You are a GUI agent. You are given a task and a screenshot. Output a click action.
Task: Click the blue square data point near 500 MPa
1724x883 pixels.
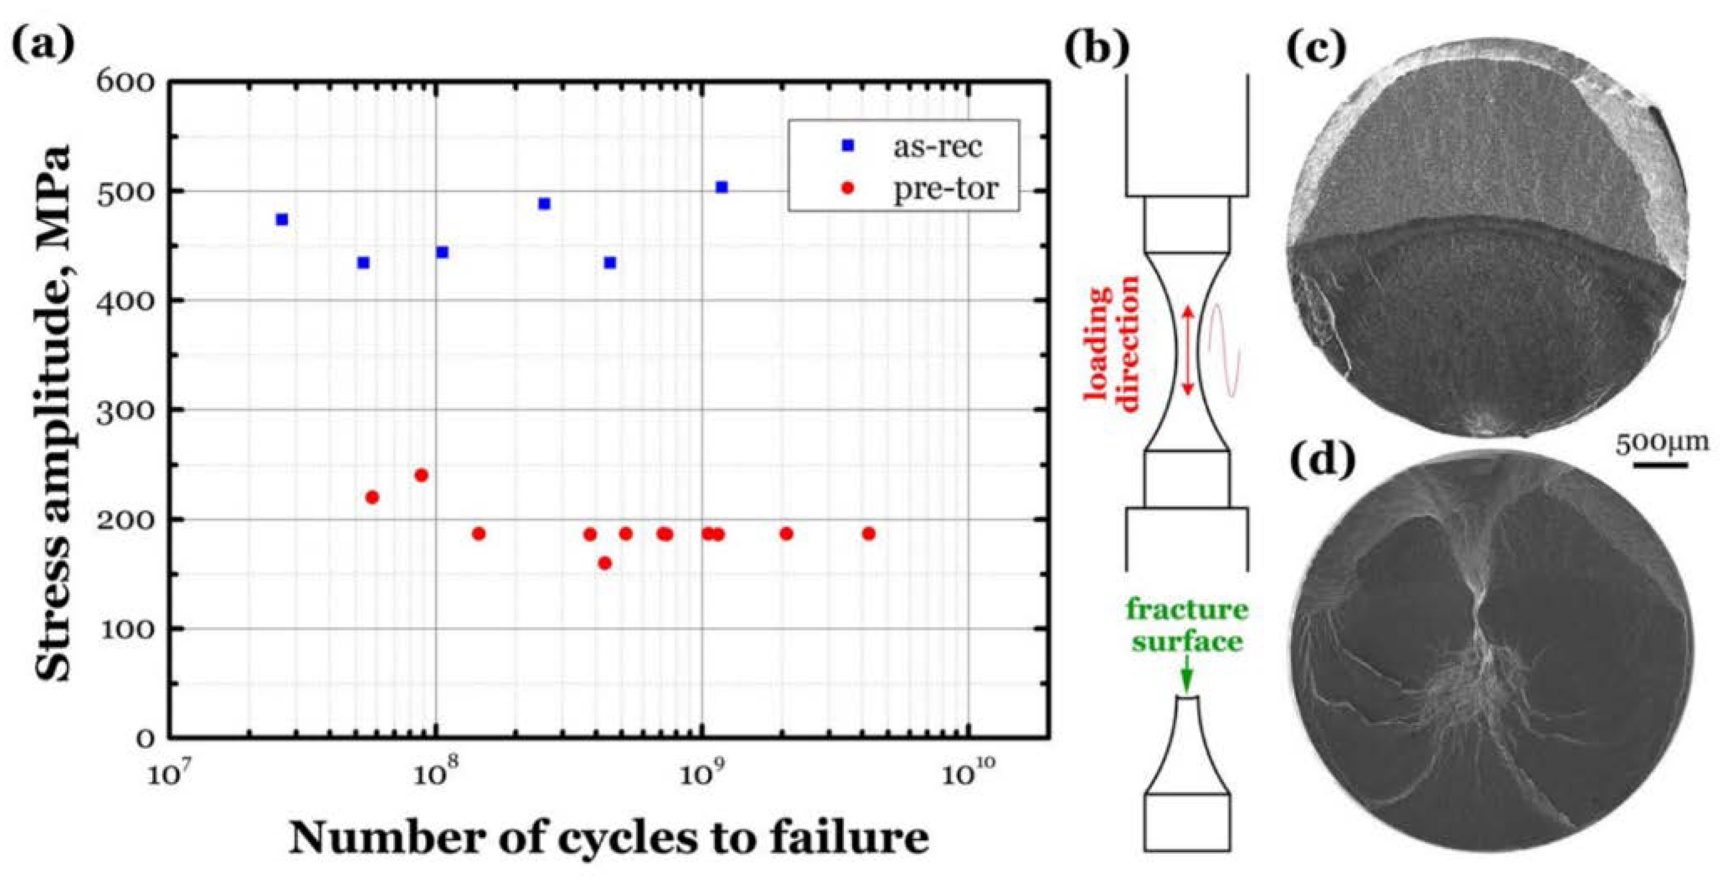(721, 187)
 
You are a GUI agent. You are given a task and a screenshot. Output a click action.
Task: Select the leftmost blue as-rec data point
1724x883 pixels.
(282, 219)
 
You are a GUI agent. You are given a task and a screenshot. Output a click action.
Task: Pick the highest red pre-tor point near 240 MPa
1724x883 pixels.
(421, 475)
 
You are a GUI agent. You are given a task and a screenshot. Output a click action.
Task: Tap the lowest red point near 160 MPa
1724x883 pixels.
(604, 563)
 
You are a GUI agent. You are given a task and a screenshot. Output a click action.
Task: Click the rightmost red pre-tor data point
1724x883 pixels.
(868, 534)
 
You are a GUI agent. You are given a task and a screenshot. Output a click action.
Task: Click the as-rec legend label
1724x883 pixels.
(937, 146)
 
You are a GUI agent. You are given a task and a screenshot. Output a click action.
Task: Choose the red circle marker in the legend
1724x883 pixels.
(847, 188)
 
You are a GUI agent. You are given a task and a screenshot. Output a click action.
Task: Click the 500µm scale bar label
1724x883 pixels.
(1661, 443)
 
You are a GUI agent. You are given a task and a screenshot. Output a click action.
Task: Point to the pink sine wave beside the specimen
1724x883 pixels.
(1224, 348)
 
